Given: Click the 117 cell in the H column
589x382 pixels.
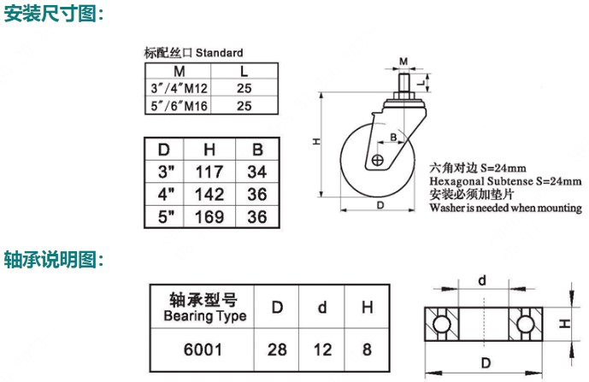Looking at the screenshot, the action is (209, 172).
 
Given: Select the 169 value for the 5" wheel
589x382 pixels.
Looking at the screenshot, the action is (209, 217).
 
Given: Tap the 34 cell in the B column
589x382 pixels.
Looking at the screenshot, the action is (257, 172).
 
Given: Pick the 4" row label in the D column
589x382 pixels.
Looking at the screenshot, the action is (166, 194).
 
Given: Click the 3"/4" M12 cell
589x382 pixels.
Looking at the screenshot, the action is (179, 88).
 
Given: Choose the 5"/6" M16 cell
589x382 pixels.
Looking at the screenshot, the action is (179, 106).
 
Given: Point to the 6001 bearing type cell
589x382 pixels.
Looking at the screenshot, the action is (203, 350).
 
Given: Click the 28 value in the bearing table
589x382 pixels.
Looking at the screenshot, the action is (277, 350).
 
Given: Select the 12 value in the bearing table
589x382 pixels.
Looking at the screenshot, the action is (322, 350).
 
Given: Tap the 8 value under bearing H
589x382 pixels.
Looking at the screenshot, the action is (367, 350).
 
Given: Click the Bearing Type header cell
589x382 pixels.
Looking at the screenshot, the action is (204, 308).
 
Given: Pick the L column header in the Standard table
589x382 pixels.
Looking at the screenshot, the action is (244, 72).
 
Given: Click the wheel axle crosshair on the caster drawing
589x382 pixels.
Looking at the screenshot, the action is (377, 161).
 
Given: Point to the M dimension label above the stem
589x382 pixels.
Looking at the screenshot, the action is (403, 62).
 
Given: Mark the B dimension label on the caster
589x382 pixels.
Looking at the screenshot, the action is (393, 137).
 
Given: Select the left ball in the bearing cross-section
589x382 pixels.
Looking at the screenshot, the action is (441, 324).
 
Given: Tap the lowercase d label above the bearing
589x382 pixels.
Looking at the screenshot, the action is (482, 280).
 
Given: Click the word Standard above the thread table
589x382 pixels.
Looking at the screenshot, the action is (220, 53).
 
